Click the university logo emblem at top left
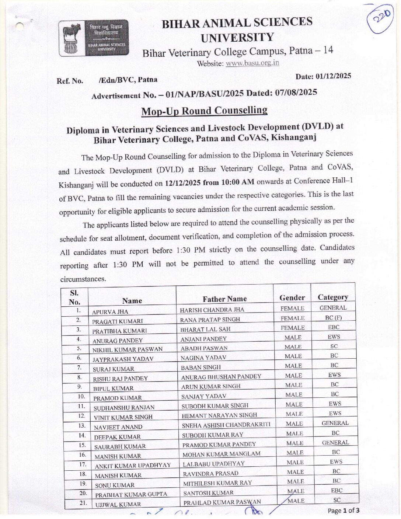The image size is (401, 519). coord(94,38)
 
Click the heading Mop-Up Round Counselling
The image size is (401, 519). coord(204,111)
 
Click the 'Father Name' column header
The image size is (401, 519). coord(224,299)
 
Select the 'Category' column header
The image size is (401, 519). coord(333,297)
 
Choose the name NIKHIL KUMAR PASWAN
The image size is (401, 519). coord(127,349)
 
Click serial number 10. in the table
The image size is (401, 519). coord(81,397)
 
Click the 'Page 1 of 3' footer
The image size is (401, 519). coord(344,511)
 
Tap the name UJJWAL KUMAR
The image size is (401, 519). coord(118,504)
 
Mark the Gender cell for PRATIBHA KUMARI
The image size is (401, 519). coord(293,328)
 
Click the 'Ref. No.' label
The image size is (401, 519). coord(70,81)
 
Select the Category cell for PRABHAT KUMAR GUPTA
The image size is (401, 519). coord(337,491)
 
